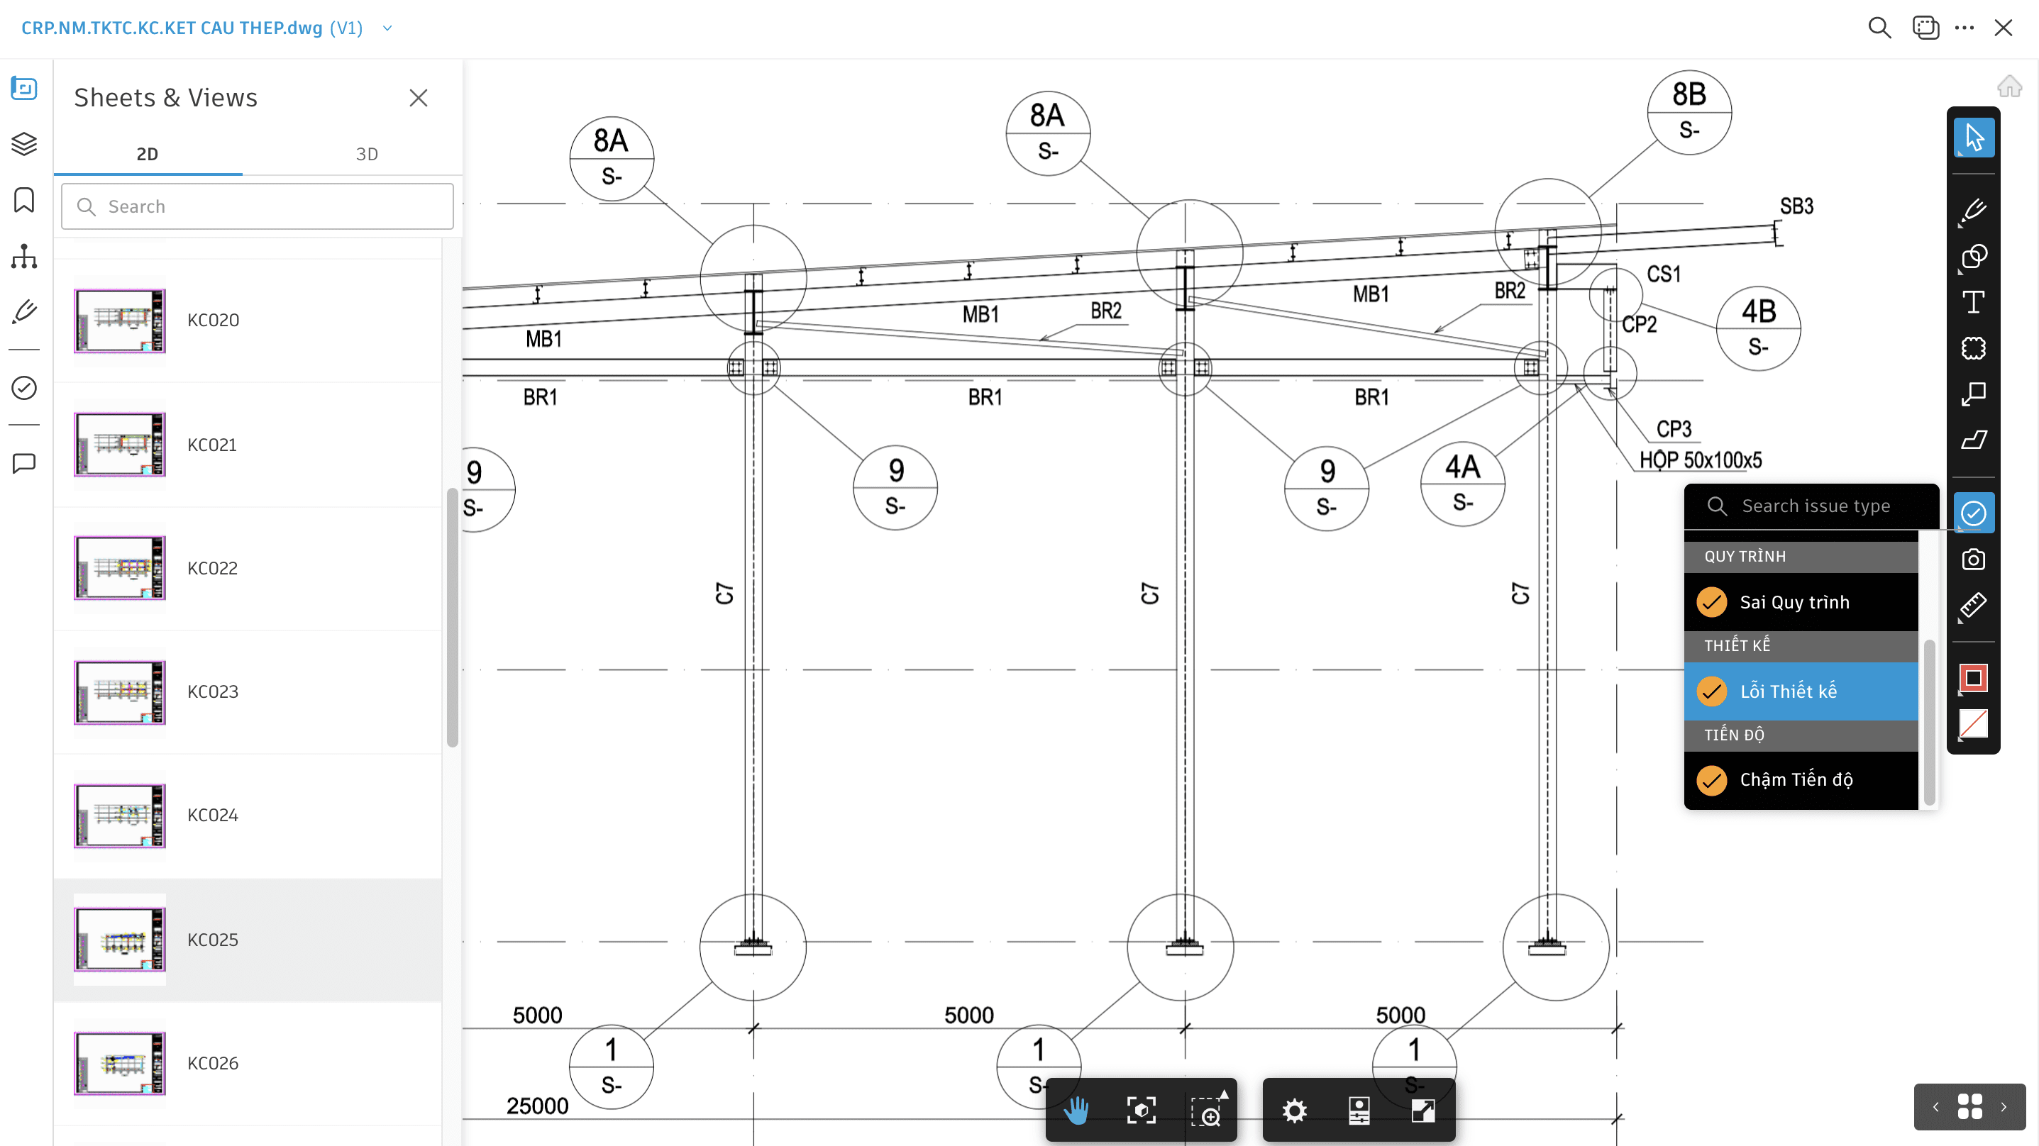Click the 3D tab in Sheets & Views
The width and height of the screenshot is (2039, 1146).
[x=367, y=154]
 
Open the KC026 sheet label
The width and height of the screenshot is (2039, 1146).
[x=212, y=1063]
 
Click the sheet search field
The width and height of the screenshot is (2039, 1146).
[x=258, y=206]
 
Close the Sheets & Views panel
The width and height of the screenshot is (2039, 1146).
[x=418, y=97]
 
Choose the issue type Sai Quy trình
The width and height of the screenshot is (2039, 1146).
[x=1794, y=602]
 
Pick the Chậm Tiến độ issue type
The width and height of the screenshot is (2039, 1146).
[x=1795, y=779]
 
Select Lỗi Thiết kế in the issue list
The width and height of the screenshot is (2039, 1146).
[x=1787, y=691]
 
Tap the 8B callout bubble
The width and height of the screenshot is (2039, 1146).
[x=1689, y=111]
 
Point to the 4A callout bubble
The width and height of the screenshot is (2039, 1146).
[x=1462, y=483]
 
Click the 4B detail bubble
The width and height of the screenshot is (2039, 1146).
[x=1758, y=328]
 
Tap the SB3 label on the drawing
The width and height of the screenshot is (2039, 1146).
[x=1796, y=206]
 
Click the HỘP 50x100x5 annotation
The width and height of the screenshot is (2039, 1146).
[x=1700, y=460]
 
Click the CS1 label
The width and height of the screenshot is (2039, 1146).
[x=1663, y=274]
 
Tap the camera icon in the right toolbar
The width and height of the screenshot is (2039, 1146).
[x=1972, y=560]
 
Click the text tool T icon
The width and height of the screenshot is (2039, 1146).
[x=1972, y=301]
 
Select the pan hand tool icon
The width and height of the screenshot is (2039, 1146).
[x=1076, y=1111]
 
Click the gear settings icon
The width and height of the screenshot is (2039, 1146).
[x=1294, y=1111]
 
